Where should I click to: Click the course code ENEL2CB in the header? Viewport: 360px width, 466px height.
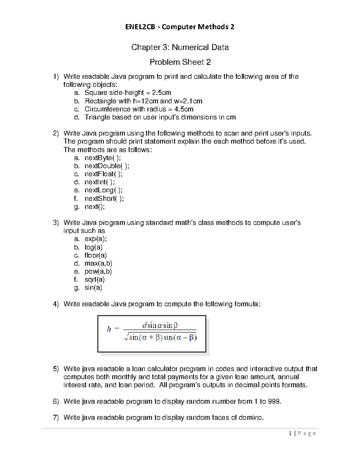point(140,27)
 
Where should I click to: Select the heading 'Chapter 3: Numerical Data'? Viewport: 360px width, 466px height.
point(180,47)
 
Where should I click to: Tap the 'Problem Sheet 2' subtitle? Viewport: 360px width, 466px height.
point(180,62)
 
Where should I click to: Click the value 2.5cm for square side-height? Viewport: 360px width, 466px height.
point(161,93)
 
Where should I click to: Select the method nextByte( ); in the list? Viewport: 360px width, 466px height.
point(103,158)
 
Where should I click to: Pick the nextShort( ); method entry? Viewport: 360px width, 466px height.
point(104,198)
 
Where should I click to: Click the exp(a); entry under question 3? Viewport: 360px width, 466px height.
point(95,239)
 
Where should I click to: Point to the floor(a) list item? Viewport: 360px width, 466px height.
point(95,255)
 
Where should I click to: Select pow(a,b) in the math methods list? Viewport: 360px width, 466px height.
point(98,272)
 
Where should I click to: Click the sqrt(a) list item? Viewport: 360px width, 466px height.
point(94,280)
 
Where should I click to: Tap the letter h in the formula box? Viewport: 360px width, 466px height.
point(109,329)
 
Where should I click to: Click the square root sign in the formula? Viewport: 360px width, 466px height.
point(126,338)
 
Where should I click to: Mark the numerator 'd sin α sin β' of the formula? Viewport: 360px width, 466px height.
point(160,325)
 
